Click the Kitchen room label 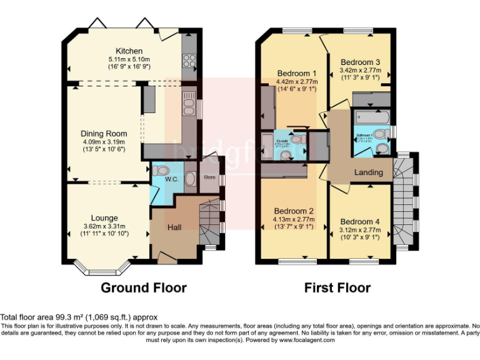[x=129, y=51]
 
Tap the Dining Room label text [x=104, y=133]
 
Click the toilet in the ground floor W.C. [x=161, y=170]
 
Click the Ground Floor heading [x=144, y=288]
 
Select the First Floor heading [x=337, y=288]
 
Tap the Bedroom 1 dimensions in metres [x=297, y=82]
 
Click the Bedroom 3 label [x=360, y=62]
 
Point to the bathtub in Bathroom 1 [x=370, y=117]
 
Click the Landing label [x=369, y=172]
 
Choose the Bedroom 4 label [x=360, y=221]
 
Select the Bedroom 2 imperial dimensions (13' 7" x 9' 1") [x=294, y=227]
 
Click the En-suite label [x=282, y=142]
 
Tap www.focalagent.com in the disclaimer [x=307, y=340]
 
